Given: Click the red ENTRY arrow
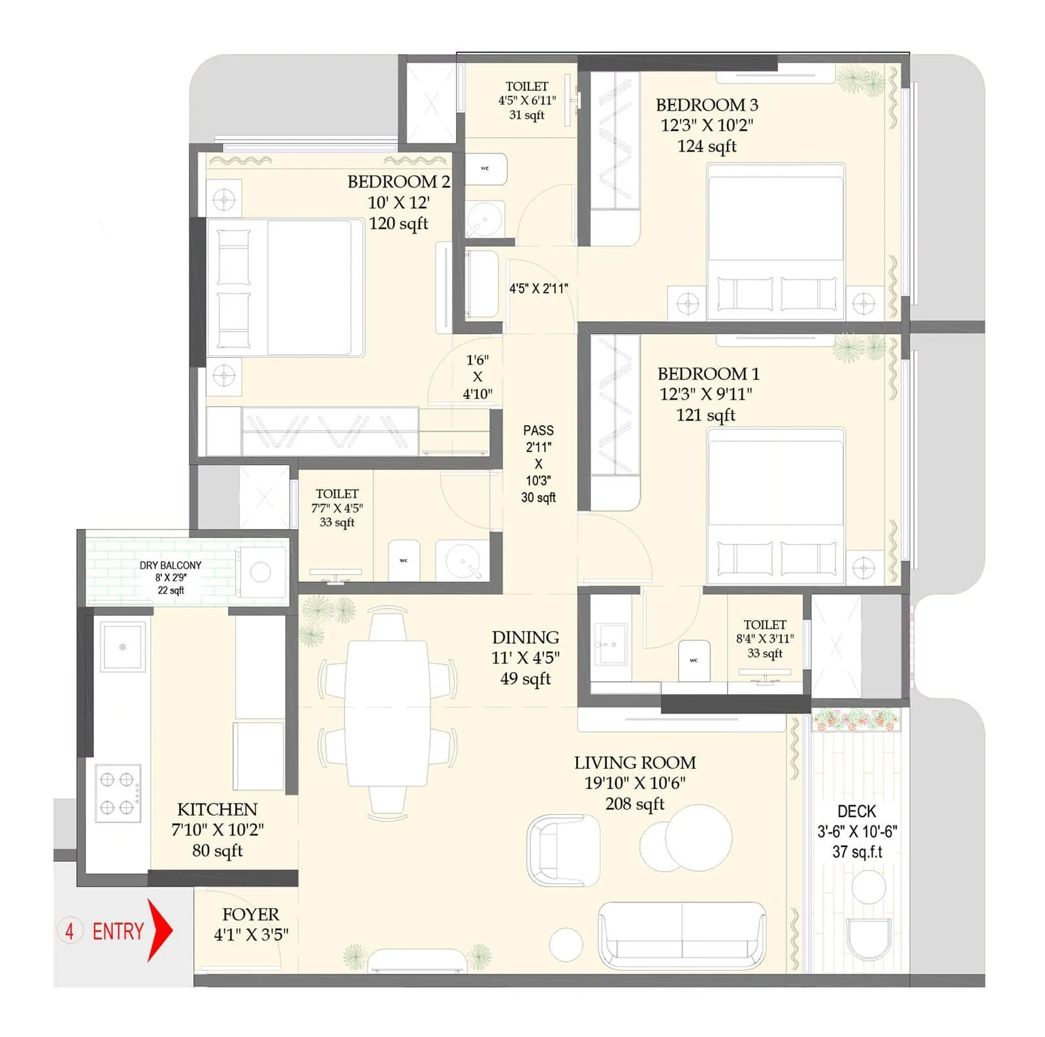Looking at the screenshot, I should click(159, 930).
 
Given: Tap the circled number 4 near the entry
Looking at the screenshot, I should click(70, 930).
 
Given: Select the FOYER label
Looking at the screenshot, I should click(250, 914).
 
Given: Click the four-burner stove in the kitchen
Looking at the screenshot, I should click(118, 793).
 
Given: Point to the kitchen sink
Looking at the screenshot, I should click(122, 646).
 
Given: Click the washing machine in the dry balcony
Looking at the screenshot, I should click(261, 572).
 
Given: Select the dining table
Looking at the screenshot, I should click(387, 713).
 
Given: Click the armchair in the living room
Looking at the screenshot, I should click(563, 850).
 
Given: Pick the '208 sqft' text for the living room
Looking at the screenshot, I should click(634, 804).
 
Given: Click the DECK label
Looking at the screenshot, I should click(856, 811).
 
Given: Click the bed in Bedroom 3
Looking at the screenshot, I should click(775, 238).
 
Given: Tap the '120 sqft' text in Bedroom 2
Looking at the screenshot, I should click(398, 223).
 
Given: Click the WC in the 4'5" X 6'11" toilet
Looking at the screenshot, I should click(486, 169).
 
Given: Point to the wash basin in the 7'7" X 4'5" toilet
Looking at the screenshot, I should click(462, 560).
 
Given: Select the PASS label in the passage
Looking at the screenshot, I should click(538, 430).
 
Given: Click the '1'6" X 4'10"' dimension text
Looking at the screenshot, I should click(477, 377).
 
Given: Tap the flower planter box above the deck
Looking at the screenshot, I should click(856, 720).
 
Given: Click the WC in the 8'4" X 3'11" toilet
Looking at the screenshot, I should click(694, 660).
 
